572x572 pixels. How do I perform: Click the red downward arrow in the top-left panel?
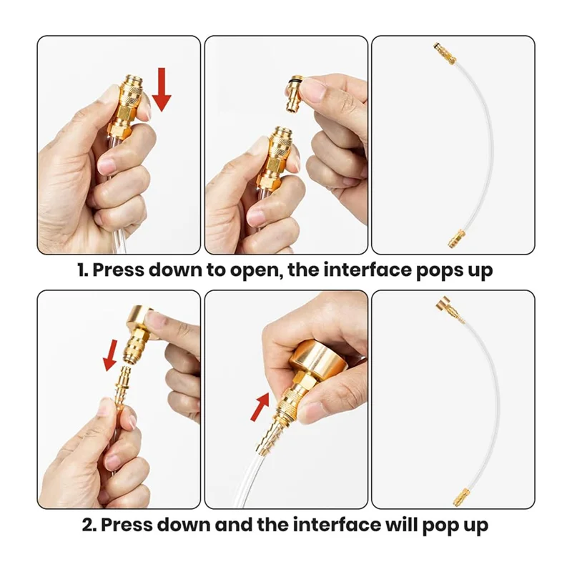[162, 89]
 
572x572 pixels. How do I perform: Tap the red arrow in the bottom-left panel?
[110, 355]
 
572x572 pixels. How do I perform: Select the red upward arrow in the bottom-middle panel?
[260, 406]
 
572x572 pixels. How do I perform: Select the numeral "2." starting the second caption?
[89, 525]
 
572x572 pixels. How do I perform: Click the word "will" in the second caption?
[400, 525]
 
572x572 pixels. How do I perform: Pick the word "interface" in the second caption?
[337, 525]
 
